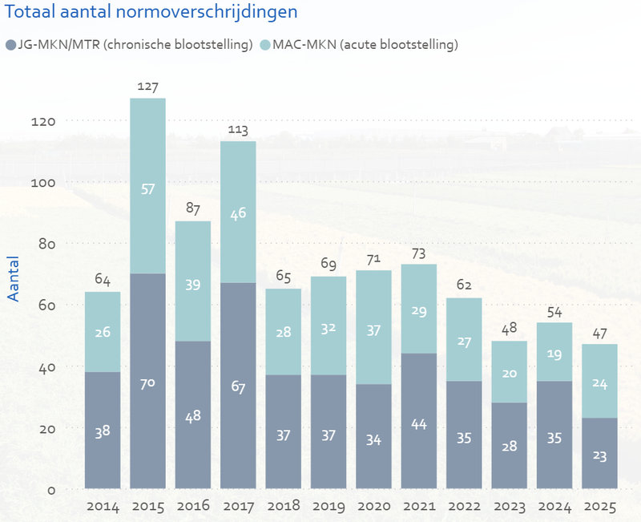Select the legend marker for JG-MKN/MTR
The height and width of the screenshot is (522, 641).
10,45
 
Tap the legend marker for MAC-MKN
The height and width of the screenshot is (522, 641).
265,45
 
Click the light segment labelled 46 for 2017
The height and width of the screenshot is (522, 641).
238,212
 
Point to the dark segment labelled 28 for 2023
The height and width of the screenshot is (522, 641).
510,446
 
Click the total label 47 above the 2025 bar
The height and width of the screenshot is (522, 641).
600,333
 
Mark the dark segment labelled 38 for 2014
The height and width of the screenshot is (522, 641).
103,431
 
